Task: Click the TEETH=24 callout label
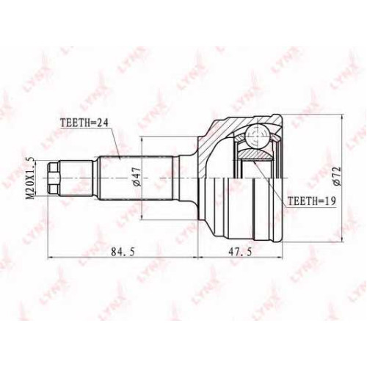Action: (x=84, y=123)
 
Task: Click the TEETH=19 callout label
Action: (x=312, y=201)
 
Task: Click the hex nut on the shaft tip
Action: (x=54, y=178)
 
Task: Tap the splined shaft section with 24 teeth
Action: (x=136, y=178)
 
